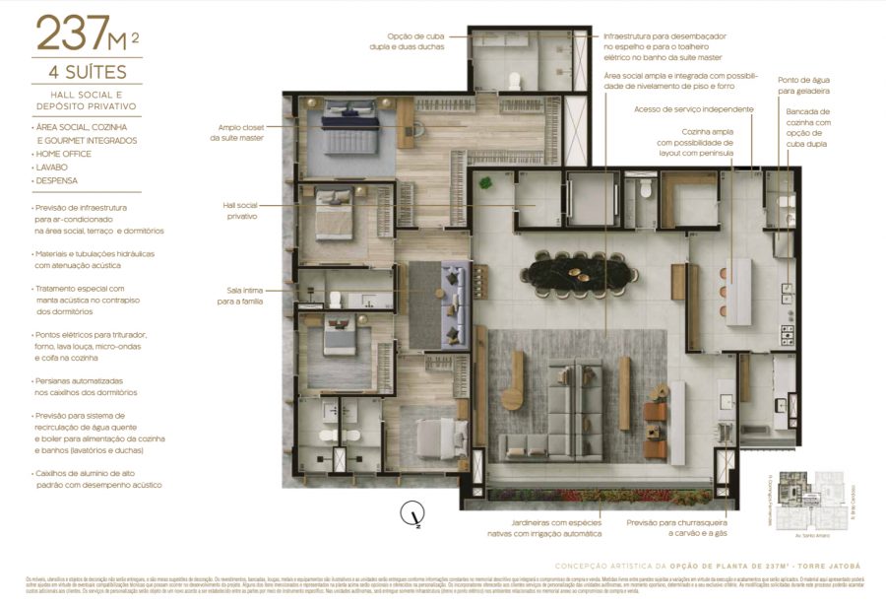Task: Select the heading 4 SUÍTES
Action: [x=87, y=73]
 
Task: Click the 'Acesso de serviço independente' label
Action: [x=694, y=109]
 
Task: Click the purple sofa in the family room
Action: [x=454, y=303]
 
